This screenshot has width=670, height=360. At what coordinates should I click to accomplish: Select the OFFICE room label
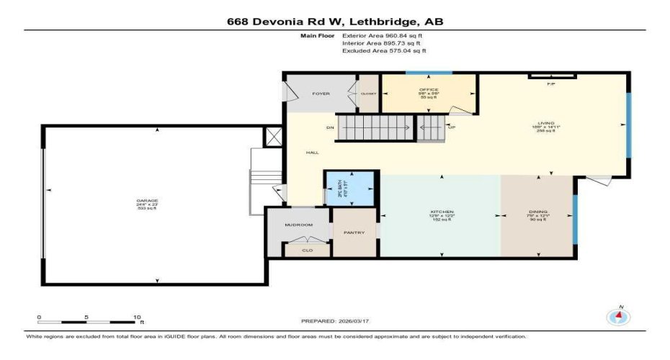click(429, 90)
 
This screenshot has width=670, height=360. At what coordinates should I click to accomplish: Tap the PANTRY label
click(354, 233)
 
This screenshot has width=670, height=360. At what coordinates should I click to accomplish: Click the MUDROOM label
click(298, 225)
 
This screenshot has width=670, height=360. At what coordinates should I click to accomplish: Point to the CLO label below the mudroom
click(307, 251)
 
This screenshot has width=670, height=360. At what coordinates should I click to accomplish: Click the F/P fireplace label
click(551, 84)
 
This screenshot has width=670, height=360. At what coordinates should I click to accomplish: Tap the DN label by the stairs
click(331, 128)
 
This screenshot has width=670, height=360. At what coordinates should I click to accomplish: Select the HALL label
click(312, 152)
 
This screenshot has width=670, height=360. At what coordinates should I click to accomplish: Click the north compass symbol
click(617, 317)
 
